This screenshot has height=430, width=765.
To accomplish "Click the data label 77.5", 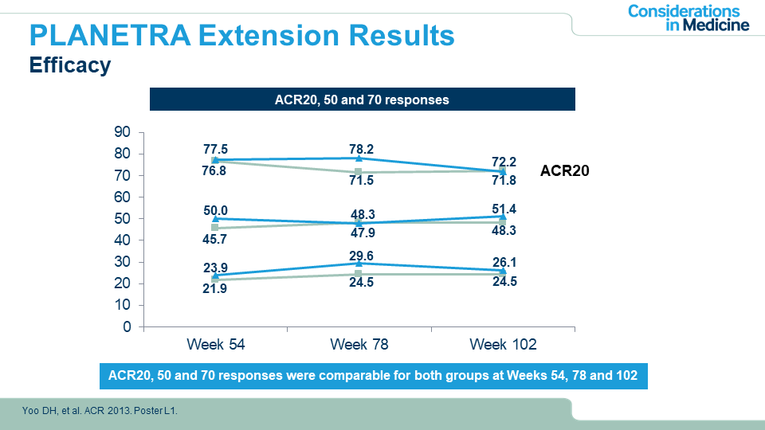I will (215, 149).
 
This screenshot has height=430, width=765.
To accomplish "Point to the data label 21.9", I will (215, 289).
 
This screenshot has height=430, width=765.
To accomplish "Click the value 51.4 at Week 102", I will (502, 209).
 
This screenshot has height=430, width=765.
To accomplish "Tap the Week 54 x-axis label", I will (215, 345).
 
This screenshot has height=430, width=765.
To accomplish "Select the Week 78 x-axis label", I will (359, 345).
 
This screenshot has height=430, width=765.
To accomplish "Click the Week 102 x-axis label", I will (503, 345).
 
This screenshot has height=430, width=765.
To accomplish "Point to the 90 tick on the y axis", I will (123, 132).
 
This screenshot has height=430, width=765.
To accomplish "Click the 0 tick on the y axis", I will (127, 327).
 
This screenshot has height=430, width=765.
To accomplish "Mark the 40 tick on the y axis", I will (123, 240).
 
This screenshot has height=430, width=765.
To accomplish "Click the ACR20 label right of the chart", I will (564, 170).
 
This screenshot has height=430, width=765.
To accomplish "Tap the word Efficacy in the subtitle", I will (69, 65).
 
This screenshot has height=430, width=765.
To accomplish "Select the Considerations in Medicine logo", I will (688, 18).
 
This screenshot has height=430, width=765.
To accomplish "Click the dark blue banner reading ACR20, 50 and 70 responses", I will (363, 100).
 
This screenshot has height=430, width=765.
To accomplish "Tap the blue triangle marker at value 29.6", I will (359, 263).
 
